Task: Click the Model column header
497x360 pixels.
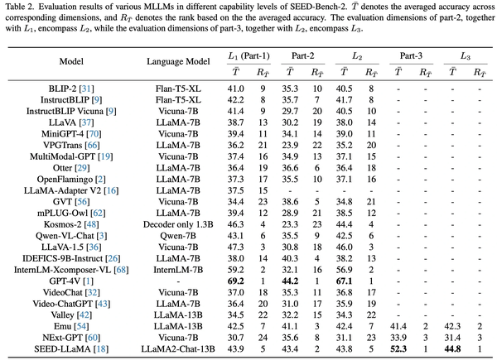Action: pos(71,61)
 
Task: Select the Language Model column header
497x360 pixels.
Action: pos(178,61)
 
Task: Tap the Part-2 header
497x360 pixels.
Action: pos(302,55)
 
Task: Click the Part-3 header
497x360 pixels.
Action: pos(411,55)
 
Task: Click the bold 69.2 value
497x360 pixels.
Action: pos(235,281)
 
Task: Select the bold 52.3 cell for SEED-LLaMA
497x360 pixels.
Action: pos(398,349)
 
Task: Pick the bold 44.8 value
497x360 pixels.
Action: pos(452,349)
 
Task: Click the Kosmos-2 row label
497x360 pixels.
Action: pos(71,224)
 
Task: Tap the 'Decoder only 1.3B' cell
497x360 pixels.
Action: pos(178,224)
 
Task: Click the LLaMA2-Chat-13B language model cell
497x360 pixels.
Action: pos(178,349)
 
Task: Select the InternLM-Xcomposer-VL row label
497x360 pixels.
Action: pos(71,270)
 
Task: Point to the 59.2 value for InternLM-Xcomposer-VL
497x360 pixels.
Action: pos(235,270)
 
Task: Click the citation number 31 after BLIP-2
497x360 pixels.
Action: pos(88,89)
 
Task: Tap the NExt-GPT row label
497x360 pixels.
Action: pos(71,338)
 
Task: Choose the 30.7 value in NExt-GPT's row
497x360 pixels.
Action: pos(235,338)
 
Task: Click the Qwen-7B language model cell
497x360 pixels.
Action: pos(178,236)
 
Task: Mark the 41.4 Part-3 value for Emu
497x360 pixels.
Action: pos(398,326)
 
